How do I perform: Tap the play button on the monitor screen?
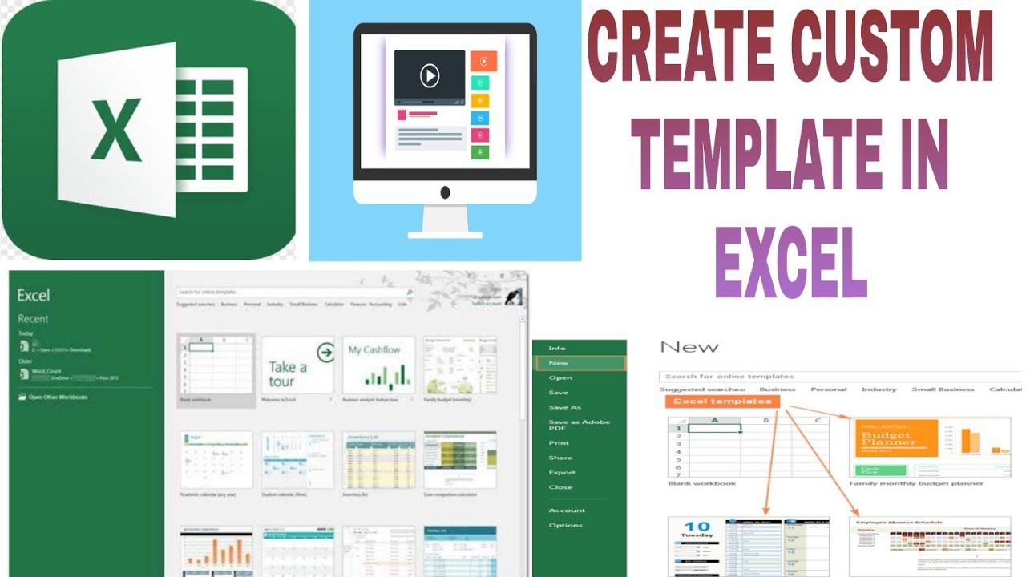coord(430,76)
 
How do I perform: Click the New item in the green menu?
coord(559,363)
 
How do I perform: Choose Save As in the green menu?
coord(564,407)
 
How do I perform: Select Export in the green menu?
coord(561,472)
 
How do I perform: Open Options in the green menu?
coord(565,525)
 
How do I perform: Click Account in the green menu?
coord(567,510)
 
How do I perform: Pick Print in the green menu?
coord(559,442)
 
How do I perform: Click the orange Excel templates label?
coord(722,401)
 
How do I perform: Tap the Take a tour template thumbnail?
coord(297,365)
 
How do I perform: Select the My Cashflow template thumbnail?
coord(378,365)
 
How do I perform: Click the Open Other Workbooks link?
coord(58,397)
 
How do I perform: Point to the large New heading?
coord(689,347)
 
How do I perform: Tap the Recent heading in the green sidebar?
coord(33,319)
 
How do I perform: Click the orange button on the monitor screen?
coord(483,61)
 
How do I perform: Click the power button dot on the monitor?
coord(445,192)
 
